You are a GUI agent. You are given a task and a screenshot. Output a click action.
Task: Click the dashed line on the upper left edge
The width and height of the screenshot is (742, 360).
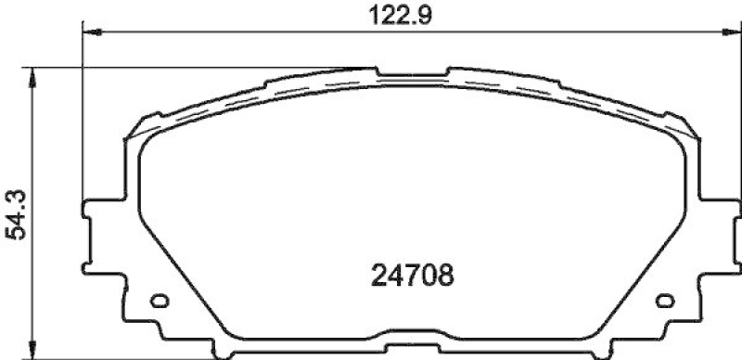pyautogui.click(x=232, y=100)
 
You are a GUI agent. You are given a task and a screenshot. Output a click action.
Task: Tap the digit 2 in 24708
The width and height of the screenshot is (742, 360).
pyautogui.click(x=377, y=276)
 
